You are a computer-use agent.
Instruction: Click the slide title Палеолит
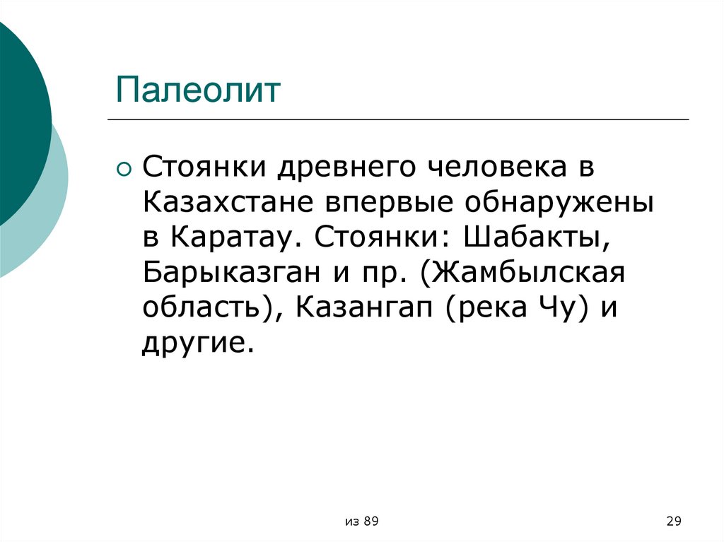(x=199, y=92)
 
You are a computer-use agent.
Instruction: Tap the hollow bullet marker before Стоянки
(x=124, y=169)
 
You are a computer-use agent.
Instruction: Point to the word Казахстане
(x=228, y=203)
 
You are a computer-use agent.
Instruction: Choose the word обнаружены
(x=559, y=203)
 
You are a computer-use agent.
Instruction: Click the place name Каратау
(x=232, y=237)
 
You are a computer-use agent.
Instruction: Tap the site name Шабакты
(x=537, y=237)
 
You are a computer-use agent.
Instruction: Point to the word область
(x=207, y=307)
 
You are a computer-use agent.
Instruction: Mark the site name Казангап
(x=365, y=307)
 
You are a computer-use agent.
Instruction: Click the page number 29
(x=673, y=522)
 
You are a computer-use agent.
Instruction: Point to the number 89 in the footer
(x=371, y=522)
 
